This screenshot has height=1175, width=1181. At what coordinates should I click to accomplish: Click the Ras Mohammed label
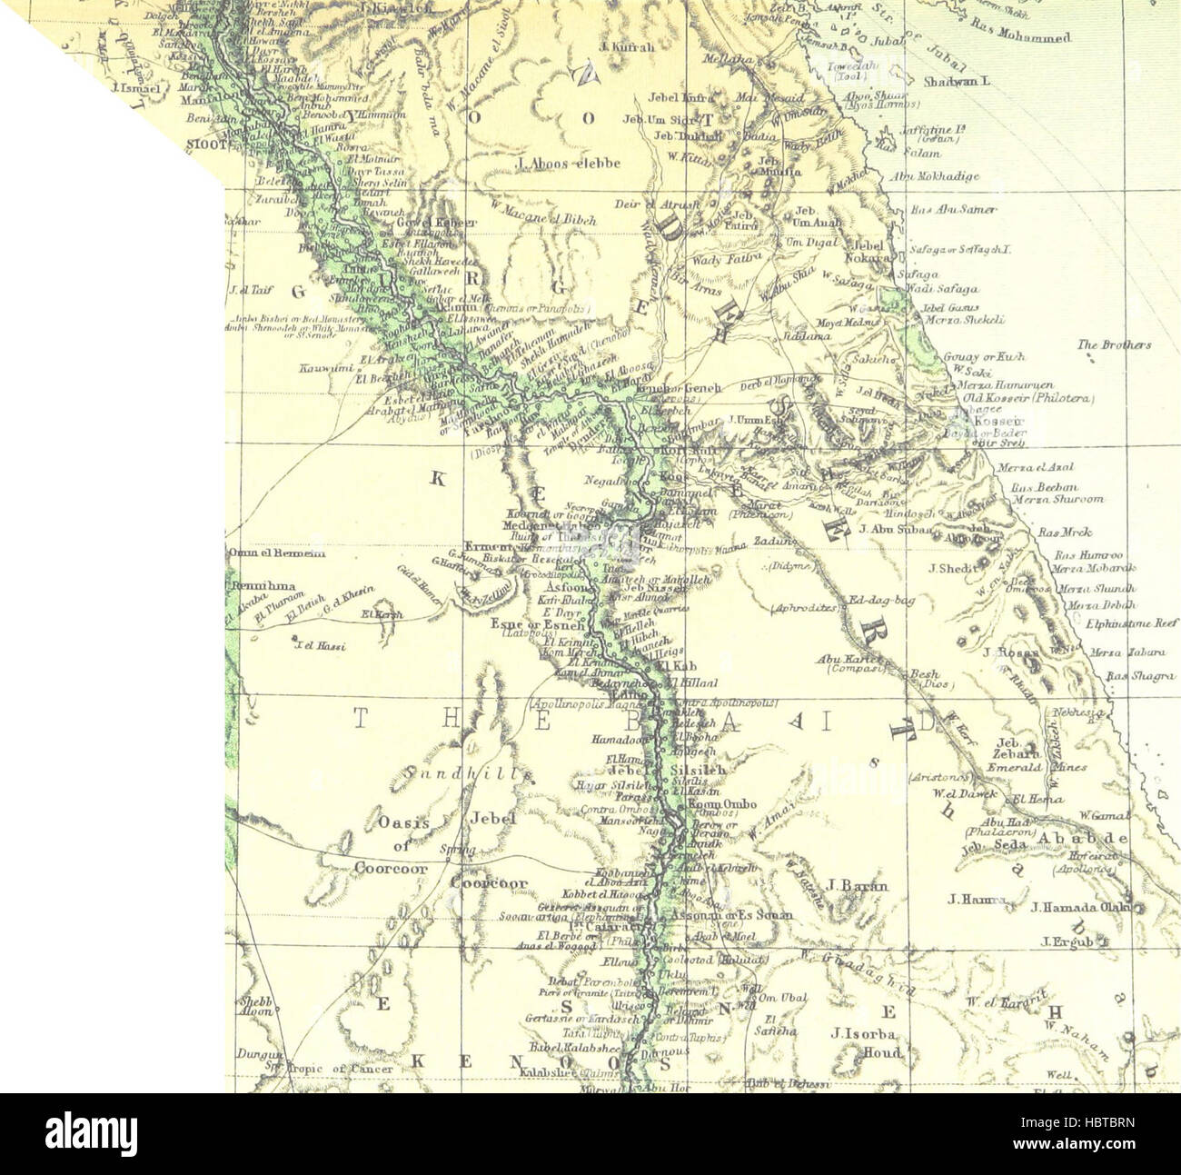1021,36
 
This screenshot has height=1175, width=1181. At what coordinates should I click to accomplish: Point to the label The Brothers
1114,345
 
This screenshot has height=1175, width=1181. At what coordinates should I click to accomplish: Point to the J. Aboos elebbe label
567,164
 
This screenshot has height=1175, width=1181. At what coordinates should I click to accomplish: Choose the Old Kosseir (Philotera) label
1028,398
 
